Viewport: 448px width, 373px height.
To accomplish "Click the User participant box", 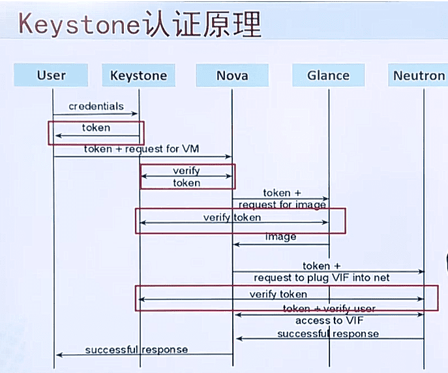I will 52,75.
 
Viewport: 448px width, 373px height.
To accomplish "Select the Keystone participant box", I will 138,75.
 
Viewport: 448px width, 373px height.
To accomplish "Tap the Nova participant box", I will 232,75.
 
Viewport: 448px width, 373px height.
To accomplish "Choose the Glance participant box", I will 328,75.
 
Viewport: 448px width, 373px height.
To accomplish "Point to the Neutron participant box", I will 419,75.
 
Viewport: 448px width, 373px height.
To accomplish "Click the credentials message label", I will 96,106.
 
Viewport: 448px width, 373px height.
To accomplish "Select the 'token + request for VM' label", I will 142,149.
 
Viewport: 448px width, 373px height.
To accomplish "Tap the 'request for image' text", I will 282,204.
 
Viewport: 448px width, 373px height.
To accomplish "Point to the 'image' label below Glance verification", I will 281,236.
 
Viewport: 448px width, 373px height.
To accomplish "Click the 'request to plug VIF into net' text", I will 322,277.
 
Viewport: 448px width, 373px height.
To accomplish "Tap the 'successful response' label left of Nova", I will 136,350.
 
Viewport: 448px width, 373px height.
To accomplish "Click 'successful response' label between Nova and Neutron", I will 327,333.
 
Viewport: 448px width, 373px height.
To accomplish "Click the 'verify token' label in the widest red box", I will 278,294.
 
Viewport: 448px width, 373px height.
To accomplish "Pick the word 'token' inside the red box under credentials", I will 96,128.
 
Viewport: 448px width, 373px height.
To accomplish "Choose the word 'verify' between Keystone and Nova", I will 187,171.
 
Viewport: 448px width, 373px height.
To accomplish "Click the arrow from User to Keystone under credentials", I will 96,114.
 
